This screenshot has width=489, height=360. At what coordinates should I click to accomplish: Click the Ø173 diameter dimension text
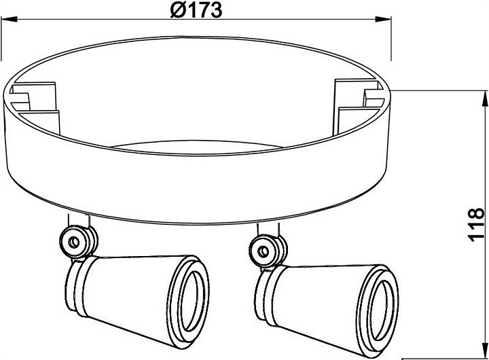pos(196,10)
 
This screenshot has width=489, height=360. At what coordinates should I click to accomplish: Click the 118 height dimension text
pos(476,224)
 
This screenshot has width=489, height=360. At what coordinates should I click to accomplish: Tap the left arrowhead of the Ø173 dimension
pos(8,19)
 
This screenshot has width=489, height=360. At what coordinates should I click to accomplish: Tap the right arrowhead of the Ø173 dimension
pos(383,19)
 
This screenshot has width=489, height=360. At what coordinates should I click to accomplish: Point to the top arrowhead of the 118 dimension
pos(485,98)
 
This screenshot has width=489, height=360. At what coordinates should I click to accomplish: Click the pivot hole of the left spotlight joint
pos(74,242)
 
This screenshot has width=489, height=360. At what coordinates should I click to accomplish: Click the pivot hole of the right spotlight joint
pos(264,251)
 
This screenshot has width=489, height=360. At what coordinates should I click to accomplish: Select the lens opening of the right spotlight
pos(382,310)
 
